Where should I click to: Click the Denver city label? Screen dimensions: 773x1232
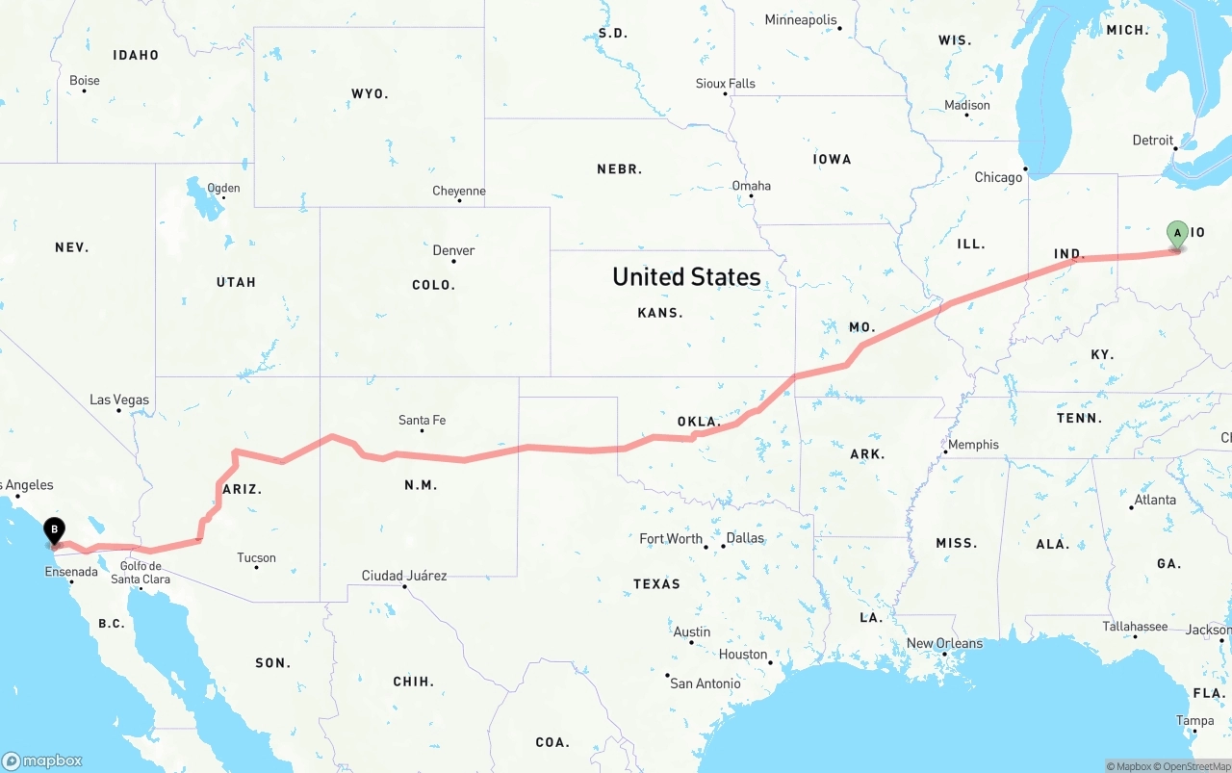pyautogui.click(x=453, y=250)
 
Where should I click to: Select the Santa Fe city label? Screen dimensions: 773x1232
pyautogui.click(x=422, y=420)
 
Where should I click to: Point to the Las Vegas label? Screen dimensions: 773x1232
pyautogui.click(x=119, y=399)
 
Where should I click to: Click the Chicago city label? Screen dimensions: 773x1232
pyautogui.click(x=998, y=177)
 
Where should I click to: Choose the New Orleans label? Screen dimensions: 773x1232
pyautogui.click(x=945, y=643)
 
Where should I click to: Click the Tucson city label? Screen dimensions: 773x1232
pyautogui.click(x=256, y=557)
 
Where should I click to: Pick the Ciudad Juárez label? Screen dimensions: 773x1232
pyautogui.click(x=404, y=576)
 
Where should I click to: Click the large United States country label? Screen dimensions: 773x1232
pyautogui.click(x=686, y=277)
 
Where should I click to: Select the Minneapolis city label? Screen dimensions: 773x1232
pyautogui.click(x=801, y=19)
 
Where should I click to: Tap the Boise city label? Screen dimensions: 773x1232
pyautogui.click(x=85, y=81)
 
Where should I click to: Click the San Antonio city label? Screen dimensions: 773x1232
pyautogui.click(x=706, y=683)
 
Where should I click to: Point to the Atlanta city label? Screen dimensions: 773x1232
pyautogui.click(x=1155, y=500)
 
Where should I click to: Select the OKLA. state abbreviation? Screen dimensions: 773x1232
pyautogui.click(x=699, y=422)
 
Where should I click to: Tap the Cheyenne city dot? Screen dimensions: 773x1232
pyautogui.click(x=459, y=200)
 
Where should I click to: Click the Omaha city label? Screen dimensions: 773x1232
pyautogui.click(x=752, y=186)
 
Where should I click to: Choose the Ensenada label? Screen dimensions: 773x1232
pyautogui.click(x=71, y=572)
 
